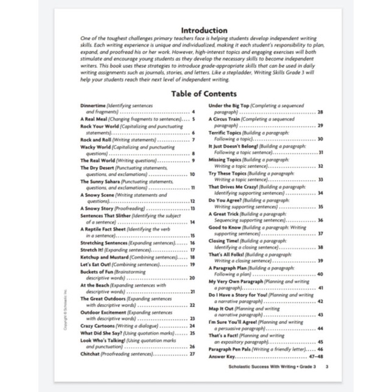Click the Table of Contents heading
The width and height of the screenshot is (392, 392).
204,94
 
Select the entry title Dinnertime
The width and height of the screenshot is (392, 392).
93,105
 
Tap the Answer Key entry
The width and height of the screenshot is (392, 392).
222,356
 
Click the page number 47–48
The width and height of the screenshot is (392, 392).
317,356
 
